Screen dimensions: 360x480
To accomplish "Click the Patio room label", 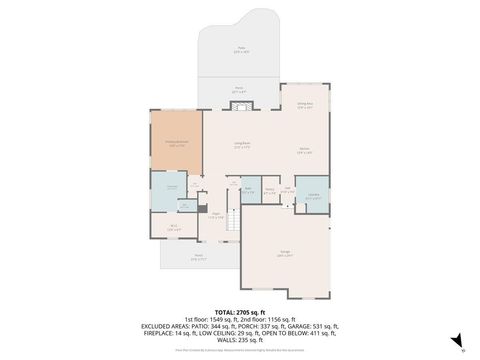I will [240, 49].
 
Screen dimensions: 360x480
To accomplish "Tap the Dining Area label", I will [305, 104].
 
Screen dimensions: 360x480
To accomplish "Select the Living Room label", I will [242, 146].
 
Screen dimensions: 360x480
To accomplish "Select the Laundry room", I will [314, 195].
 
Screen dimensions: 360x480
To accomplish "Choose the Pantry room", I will [270, 190].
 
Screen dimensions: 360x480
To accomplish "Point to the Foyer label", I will [215, 216].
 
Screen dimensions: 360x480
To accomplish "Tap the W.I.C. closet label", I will [173, 227].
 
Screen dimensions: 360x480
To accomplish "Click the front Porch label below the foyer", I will [198, 256].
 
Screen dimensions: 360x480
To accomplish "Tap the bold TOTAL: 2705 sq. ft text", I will [241, 311].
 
